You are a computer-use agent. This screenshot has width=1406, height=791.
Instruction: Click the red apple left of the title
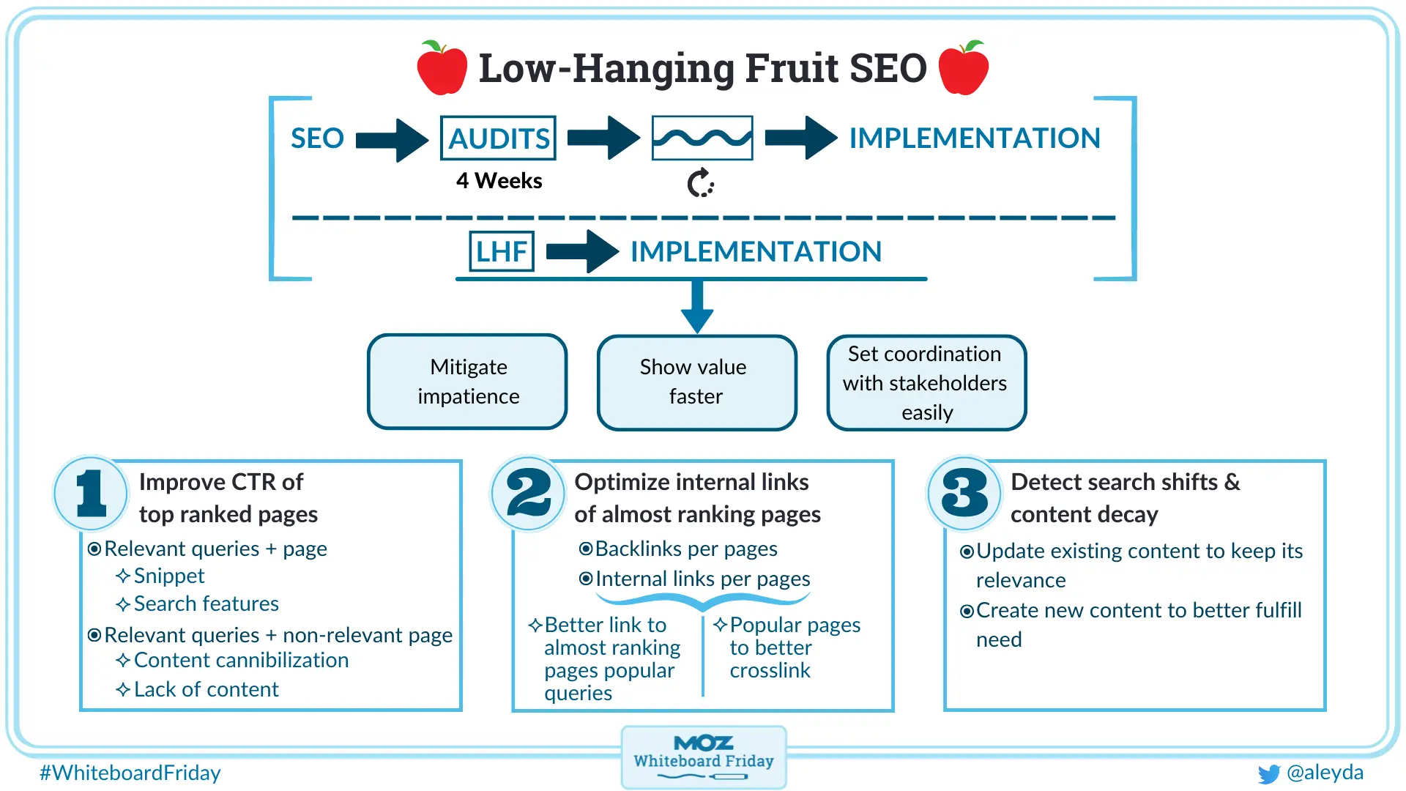(442, 68)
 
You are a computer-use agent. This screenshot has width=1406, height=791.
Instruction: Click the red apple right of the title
(963, 68)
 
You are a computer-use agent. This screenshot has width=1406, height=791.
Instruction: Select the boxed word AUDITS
(498, 138)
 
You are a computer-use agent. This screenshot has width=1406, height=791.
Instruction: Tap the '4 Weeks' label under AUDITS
(499, 181)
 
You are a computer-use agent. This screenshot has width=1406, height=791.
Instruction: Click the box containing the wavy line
(702, 138)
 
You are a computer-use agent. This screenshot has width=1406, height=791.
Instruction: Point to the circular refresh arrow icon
(700, 183)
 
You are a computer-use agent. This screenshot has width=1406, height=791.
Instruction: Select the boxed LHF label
(502, 251)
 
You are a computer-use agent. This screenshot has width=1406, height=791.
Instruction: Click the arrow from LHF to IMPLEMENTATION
(581, 251)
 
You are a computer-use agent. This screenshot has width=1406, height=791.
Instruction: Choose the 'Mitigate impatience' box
(467, 382)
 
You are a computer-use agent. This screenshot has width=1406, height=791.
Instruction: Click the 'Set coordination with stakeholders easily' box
(926, 382)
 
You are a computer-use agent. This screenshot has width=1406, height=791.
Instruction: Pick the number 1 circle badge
(92, 493)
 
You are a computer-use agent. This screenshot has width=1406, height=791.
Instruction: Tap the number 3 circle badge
(964, 493)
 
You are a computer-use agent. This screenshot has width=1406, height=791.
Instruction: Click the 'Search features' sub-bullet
(206, 604)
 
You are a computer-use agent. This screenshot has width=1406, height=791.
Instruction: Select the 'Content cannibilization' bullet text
(241, 660)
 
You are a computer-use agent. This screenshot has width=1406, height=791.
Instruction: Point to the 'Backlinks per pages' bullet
(685, 549)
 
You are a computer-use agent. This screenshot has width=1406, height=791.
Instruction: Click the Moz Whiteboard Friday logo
(703, 757)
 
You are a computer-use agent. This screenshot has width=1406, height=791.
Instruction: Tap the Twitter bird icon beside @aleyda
(1268, 773)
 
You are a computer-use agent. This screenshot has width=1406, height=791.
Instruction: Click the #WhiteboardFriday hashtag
(130, 773)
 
